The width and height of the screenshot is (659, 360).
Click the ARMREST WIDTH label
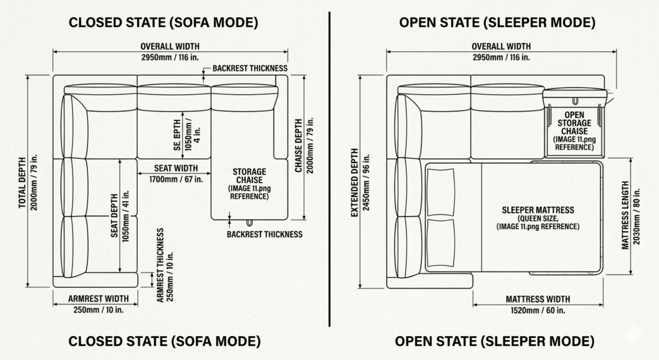[94, 299]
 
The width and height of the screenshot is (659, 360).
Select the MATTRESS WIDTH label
[537, 299]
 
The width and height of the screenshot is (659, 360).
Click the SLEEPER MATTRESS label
[538, 210]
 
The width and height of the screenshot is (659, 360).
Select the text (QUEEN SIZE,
[538, 218]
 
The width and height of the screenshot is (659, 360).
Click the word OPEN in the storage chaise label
[574, 115]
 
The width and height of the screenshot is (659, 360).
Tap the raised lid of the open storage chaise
[575, 93]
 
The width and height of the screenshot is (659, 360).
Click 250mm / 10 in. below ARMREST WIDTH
[94, 310]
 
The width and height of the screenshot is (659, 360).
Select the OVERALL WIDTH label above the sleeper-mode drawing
[497, 46]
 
